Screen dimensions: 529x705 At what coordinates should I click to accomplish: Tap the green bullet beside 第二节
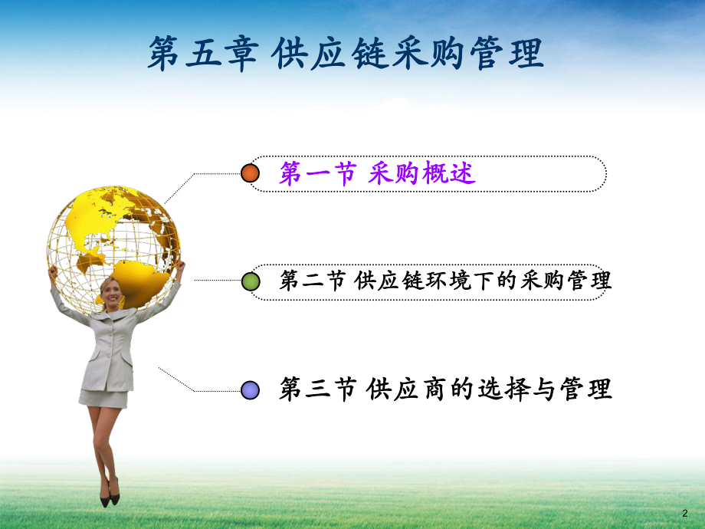(251, 281)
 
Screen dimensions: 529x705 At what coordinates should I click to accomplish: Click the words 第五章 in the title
(201, 55)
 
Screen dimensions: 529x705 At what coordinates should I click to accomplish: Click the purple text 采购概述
(421, 174)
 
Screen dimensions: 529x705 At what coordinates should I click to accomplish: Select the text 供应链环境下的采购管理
(484, 281)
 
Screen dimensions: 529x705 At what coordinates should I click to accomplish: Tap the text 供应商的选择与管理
(490, 389)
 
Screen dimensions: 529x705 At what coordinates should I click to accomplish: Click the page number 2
(684, 512)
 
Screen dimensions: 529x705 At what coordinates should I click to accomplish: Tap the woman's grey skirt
(103, 397)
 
